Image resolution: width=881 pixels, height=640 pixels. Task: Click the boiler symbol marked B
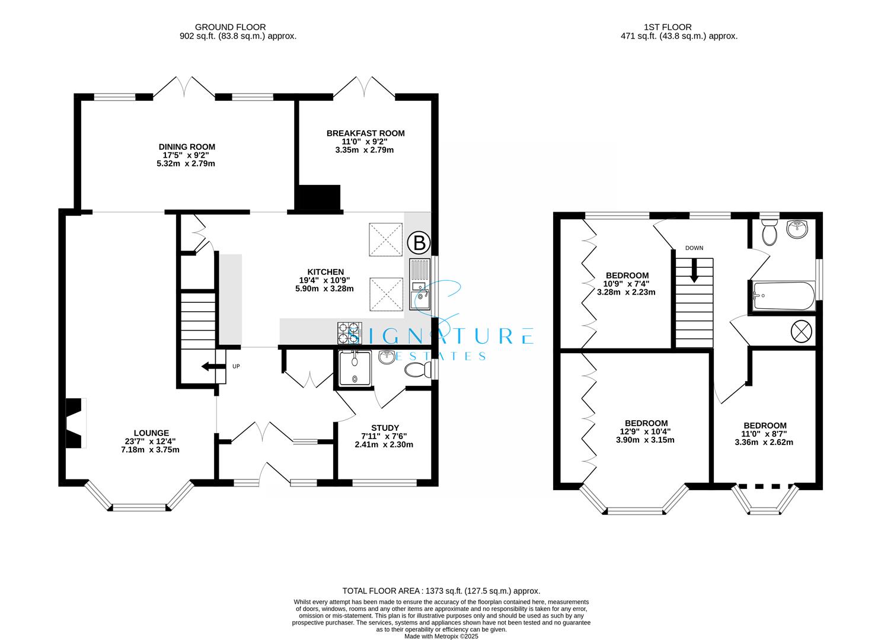pyautogui.click(x=419, y=242)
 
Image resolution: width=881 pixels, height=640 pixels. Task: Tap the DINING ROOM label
pyautogui.click(x=186, y=147)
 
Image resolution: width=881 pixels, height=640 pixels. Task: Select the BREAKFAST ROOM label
pyautogui.click(x=365, y=133)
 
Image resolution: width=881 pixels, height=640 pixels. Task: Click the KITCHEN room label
pyautogui.click(x=324, y=272)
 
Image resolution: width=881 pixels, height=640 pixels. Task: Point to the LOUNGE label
pyautogui.click(x=151, y=433)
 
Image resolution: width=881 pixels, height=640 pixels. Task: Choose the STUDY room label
pyautogui.click(x=385, y=428)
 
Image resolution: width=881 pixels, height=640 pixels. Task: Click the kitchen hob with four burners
pyautogui.click(x=350, y=333)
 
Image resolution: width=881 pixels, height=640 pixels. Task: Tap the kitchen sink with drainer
pyautogui.click(x=420, y=285)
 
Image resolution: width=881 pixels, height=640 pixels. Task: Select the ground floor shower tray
pyautogui.click(x=355, y=367)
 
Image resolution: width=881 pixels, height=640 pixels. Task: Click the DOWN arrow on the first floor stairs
pyautogui.click(x=694, y=274)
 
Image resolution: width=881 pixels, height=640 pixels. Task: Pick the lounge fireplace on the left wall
pyautogui.click(x=75, y=423)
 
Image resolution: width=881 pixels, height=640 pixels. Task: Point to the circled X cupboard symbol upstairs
pyautogui.click(x=802, y=331)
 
